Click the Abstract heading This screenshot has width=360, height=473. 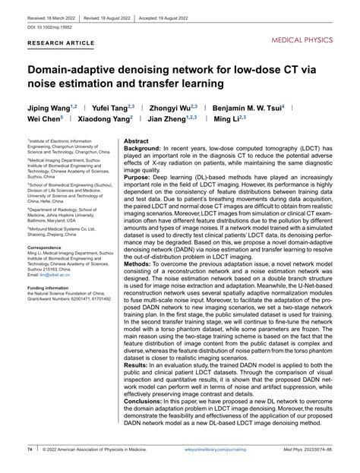click(x=137, y=141)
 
